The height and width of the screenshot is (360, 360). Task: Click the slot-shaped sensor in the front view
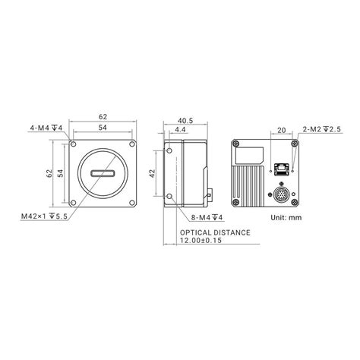coord(106,174)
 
